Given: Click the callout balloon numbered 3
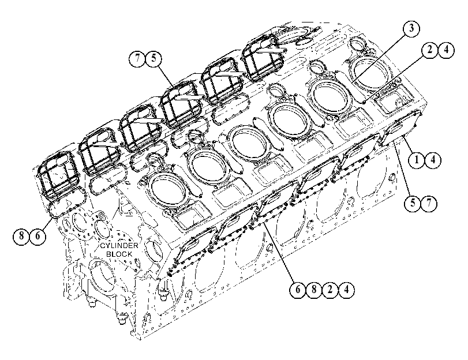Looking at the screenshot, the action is pyautogui.click(x=411, y=29).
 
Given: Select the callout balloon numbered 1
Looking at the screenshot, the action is pyautogui.click(x=417, y=160).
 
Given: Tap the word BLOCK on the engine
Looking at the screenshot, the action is pyautogui.click(x=119, y=254).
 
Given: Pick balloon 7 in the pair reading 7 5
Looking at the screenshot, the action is pyautogui.click(x=137, y=58).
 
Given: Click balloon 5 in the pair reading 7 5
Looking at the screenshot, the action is pyautogui.click(x=153, y=58).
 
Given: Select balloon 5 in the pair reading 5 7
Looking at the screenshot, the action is pyautogui.click(x=413, y=203).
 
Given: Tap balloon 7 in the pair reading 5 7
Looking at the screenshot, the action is pyautogui.click(x=429, y=203).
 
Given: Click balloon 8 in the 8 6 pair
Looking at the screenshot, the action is pyautogui.click(x=21, y=236).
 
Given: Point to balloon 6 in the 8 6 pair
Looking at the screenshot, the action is pyautogui.click(x=38, y=236).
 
